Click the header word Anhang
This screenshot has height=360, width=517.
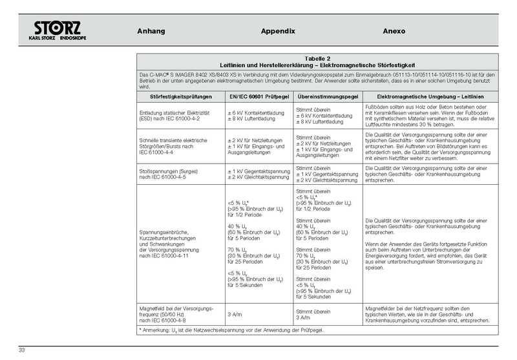151,31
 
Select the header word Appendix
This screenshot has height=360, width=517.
278,31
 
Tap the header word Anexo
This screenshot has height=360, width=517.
394,31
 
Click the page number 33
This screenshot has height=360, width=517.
22,350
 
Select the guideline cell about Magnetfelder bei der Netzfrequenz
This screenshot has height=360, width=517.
430,313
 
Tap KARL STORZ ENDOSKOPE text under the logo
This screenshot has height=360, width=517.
58,38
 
